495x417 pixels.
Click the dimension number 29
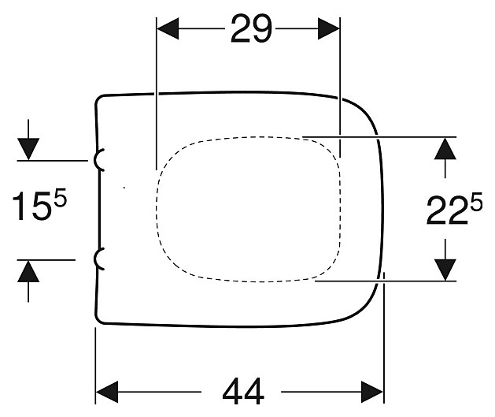251,28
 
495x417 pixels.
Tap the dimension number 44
243,392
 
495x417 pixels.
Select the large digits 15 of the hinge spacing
32,206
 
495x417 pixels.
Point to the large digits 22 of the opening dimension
447,210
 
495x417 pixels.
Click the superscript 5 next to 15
61,197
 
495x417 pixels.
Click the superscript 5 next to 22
476,201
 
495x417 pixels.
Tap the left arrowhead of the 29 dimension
168,28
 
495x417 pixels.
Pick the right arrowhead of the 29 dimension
329,28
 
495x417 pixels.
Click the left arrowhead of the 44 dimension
107,392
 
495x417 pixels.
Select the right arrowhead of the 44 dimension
372,392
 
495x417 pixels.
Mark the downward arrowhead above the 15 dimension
28,149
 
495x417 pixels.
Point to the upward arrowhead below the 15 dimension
28,271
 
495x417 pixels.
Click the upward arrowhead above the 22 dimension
445,148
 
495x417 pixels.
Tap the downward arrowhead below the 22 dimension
445,270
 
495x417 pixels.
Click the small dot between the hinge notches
124,188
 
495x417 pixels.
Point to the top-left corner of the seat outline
98,97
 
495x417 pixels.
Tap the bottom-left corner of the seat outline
98,321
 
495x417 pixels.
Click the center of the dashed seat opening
249,209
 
